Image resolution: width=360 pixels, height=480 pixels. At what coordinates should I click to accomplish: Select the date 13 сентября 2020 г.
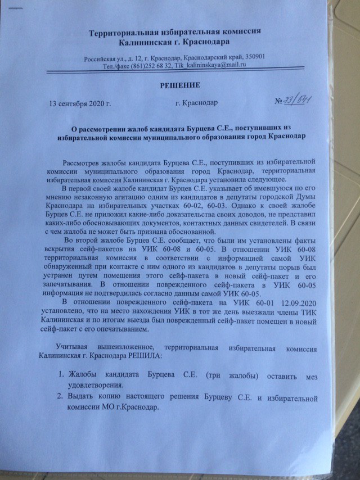click(80, 104)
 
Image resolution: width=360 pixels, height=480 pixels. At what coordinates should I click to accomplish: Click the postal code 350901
click(260, 57)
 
